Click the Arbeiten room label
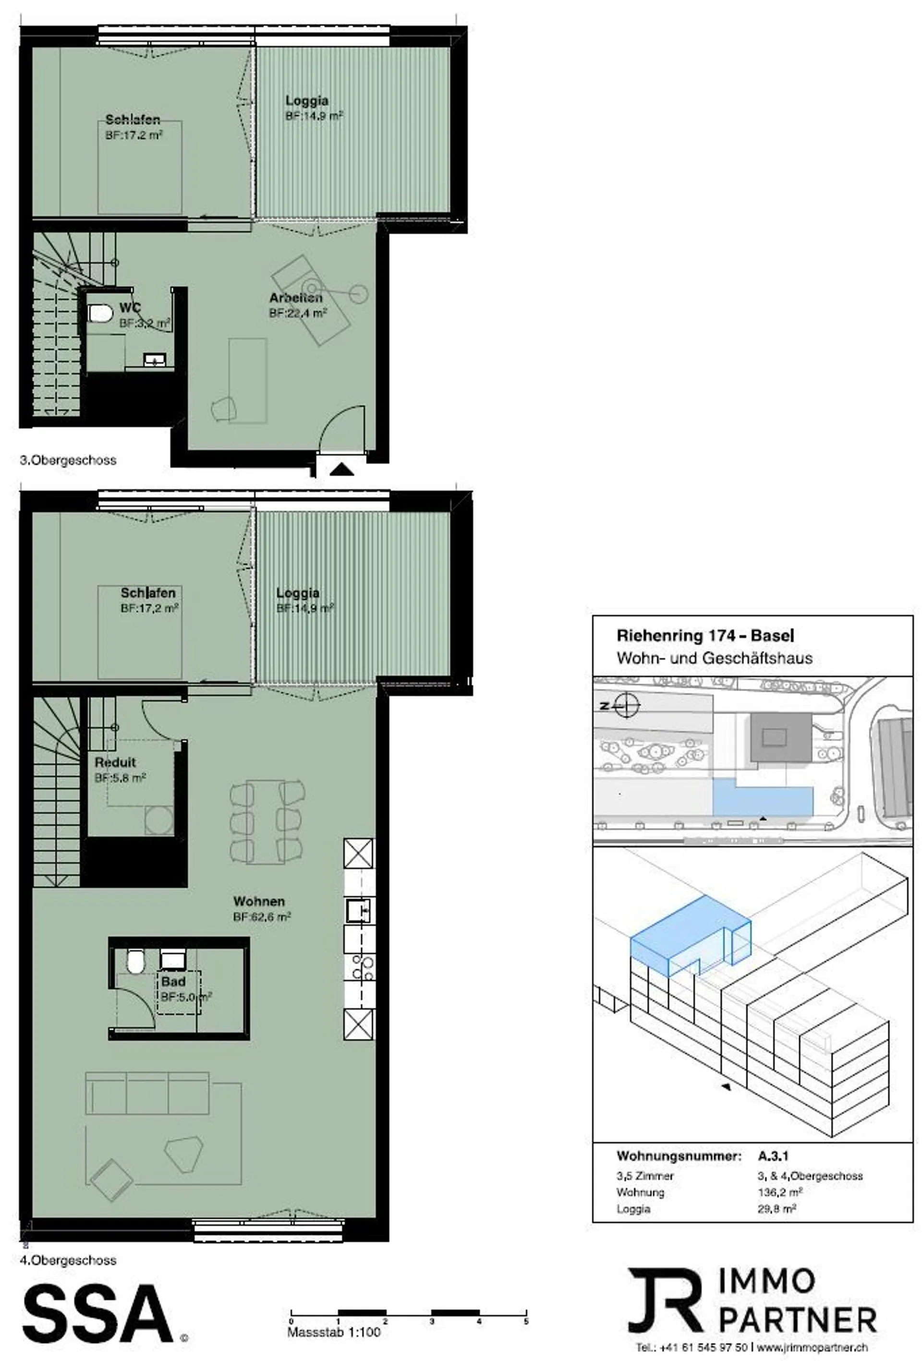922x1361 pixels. point(295,298)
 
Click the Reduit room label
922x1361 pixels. point(115,762)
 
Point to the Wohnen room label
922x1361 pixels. point(259,901)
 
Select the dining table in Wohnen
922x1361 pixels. point(266,821)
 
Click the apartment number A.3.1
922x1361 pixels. point(773,1156)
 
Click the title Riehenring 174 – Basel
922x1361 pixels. point(705,636)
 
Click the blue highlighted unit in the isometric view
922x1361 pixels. point(690,936)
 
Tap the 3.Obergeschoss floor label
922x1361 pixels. point(68,460)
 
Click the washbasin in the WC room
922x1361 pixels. point(155,360)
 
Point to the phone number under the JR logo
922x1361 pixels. point(691,1348)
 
